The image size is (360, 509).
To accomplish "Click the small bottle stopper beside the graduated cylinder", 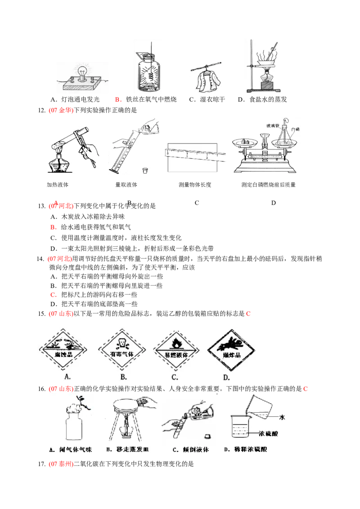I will click(145, 171).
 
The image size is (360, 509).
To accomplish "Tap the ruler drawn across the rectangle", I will click(193, 156).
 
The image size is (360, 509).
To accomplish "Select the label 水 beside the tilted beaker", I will click(282, 417).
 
